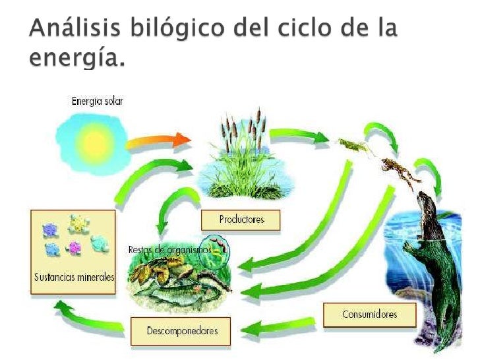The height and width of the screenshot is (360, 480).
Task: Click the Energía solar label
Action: [x=97, y=101]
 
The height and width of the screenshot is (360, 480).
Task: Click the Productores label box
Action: [x=241, y=220]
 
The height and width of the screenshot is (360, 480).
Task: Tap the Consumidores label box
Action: [x=369, y=314]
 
